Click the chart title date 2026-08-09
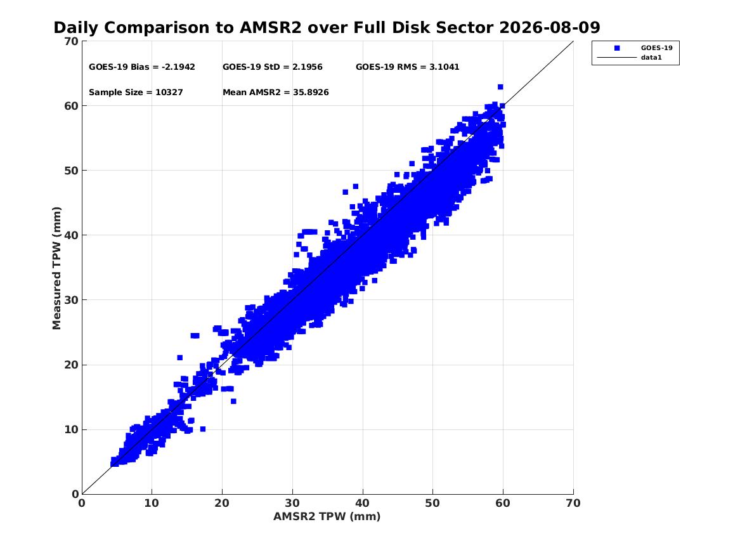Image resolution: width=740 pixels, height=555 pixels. pyautogui.click(x=549, y=28)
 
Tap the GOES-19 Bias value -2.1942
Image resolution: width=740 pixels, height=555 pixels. pyautogui.click(x=178, y=67)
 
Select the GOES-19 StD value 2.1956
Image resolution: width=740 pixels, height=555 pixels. pyautogui.click(x=308, y=67)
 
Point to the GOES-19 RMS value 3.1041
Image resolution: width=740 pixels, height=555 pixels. pyautogui.click(x=444, y=67)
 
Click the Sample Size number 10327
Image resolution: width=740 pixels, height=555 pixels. pyautogui.click(x=169, y=93)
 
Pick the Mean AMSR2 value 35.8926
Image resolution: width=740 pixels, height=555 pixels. pyautogui.click(x=311, y=93)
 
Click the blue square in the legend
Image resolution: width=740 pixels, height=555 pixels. pyautogui.click(x=617, y=48)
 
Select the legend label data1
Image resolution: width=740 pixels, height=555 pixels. pyautogui.click(x=651, y=58)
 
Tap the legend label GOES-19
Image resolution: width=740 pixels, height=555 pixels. pyautogui.click(x=656, y=48)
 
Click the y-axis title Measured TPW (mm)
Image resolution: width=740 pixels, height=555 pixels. pyautogui.click(x=56, y=268)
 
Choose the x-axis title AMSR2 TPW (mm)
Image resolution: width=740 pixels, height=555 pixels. pyautogui.click(x=327, y=517)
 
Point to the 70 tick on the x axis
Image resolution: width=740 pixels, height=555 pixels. pyautogui.click(x=573, y=503)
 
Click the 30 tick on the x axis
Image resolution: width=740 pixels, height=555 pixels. pyautogui.click(x=292, y=503)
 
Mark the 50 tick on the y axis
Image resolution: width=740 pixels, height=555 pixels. pyautogui.click(x=71, y=171)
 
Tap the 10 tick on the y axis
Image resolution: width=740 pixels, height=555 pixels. pyautogui.click(x=71, y=429)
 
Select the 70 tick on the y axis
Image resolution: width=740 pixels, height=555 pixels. pyautogui.click(x=71, y=41)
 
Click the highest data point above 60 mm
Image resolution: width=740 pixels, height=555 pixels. pyautogui.click(x=500, y=87)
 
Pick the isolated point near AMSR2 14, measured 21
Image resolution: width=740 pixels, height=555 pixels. pyautogui.click(x=180, y=358)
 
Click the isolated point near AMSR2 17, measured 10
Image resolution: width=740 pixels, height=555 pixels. pyautogui.click(x=203, y=429)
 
